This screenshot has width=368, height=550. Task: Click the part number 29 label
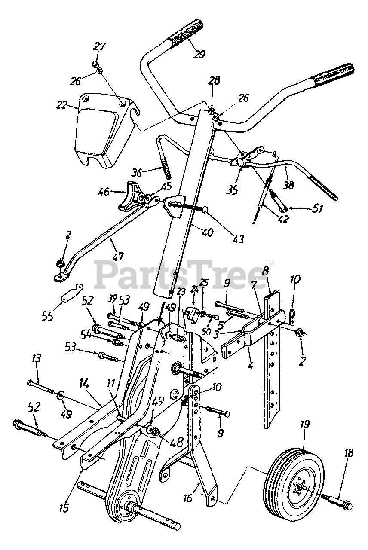coord(199,54)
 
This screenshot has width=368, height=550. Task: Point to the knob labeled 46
coord(129,196)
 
